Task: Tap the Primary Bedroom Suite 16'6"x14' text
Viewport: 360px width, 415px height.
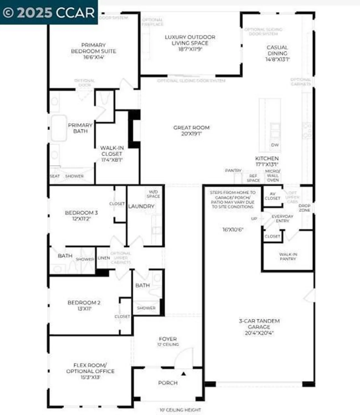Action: [x=94, y=51]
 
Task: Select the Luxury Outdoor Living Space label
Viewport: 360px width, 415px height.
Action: [x=190, y=43]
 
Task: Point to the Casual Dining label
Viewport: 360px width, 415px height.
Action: [x=277, y=53]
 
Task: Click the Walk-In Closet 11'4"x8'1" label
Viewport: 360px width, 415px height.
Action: [x=112, y=154]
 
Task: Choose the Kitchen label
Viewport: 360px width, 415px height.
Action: [x=267, y=161]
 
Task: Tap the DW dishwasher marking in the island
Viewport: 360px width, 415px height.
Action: [x=275, y=145]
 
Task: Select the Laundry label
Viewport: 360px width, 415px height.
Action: [x=141, y=206]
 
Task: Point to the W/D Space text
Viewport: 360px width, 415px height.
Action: [x=153, y=194]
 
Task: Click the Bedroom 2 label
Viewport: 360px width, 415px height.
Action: [x=84, y=305]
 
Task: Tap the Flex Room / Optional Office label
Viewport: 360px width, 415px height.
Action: [x=90, y=371]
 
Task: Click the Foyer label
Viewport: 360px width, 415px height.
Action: [x=168, y=341]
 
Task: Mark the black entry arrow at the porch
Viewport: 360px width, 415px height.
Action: [x=183, y=374]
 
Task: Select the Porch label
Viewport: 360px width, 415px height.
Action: [x=168, y=383]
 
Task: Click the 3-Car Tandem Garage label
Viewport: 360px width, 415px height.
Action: [x=259, y=327]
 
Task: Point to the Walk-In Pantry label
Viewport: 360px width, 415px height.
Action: [x=288, y=256]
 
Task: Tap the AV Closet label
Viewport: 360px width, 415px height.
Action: [x=272, y=196]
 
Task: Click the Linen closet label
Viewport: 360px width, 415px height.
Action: [x=104, y=258]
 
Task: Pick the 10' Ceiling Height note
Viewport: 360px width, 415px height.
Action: [x=180, y=410]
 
